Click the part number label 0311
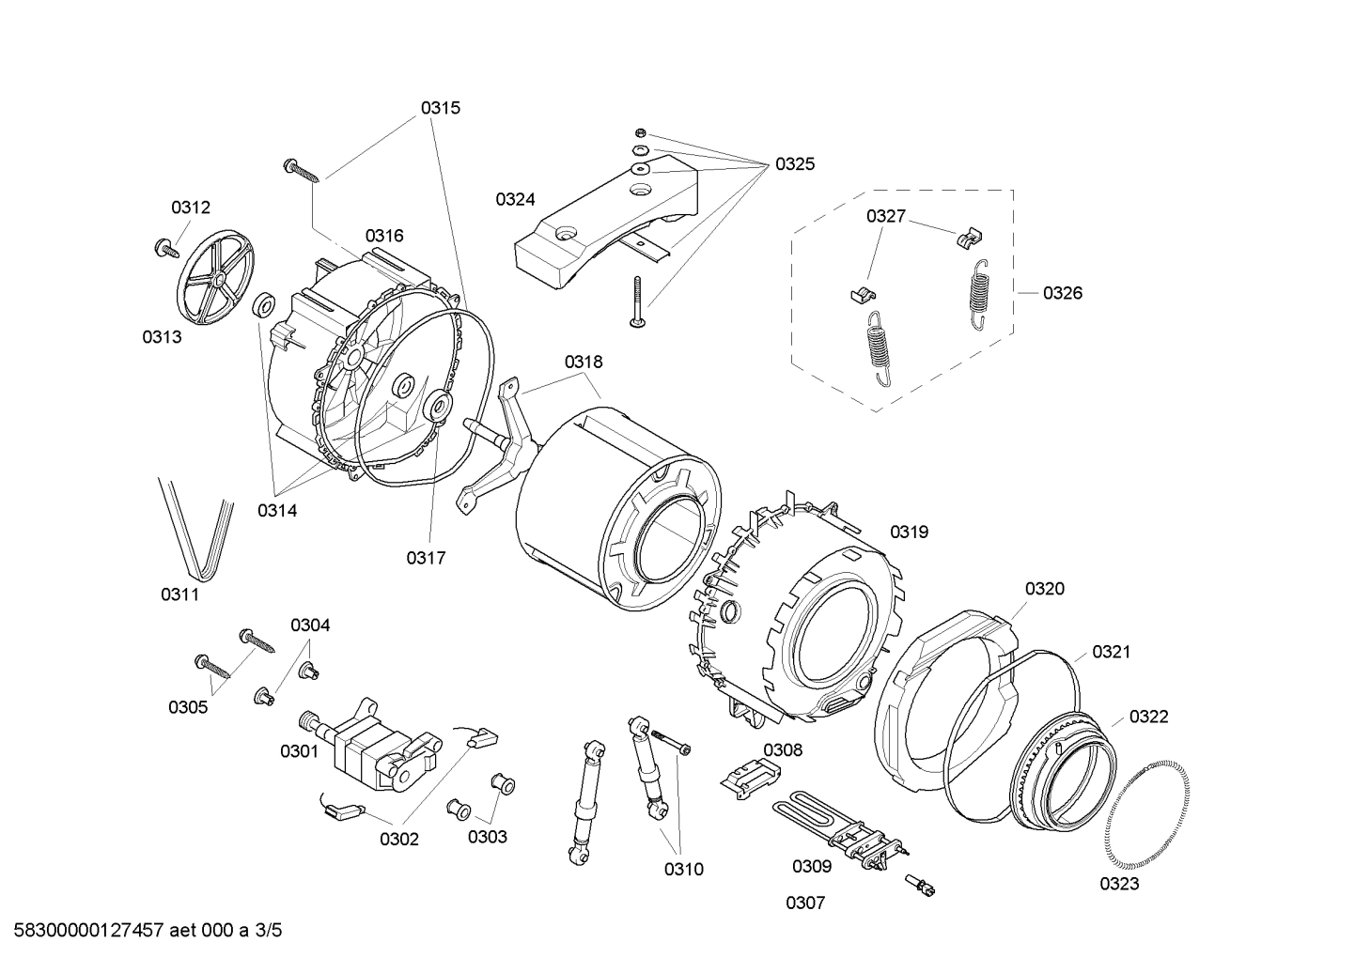click(x=179, y=594)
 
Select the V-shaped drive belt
click(x=195, y=528)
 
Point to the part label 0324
click(x=515, y=199)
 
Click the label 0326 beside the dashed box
click(x=1063, y=293)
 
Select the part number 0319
click(x=909, y=533)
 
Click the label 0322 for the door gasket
click(x=1148, y=718)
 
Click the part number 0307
click(x=805, y=903)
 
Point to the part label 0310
click(x=683, y=870)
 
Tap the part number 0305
click(x=188, y=707)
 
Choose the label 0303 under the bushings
click(x=488, y=837)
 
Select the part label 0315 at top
click(x=440, y=108)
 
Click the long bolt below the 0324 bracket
click(x=636, y=301)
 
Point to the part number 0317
click(x=426, y=558)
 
